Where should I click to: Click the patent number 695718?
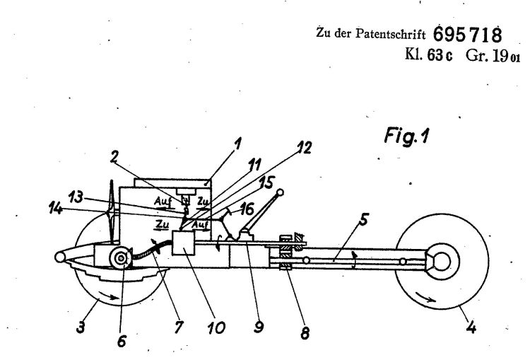point(468,35)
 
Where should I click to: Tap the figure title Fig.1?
point(406,136)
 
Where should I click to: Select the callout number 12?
point(304,148)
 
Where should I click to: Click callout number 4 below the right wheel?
point(471,327)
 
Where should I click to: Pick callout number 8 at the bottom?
point(305,333)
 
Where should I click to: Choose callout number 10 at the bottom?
point(216,327)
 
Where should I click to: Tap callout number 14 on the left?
point(56,209)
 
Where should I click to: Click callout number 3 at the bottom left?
point(81,327)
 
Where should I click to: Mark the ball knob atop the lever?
point(280,193)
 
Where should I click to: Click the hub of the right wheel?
point(441,262)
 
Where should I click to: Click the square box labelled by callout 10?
point(183,243)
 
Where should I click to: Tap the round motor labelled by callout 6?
point(120,258)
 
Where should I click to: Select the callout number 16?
point(247,209)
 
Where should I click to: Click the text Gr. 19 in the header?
point(486,56)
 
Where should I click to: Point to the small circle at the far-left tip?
point(60,257)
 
